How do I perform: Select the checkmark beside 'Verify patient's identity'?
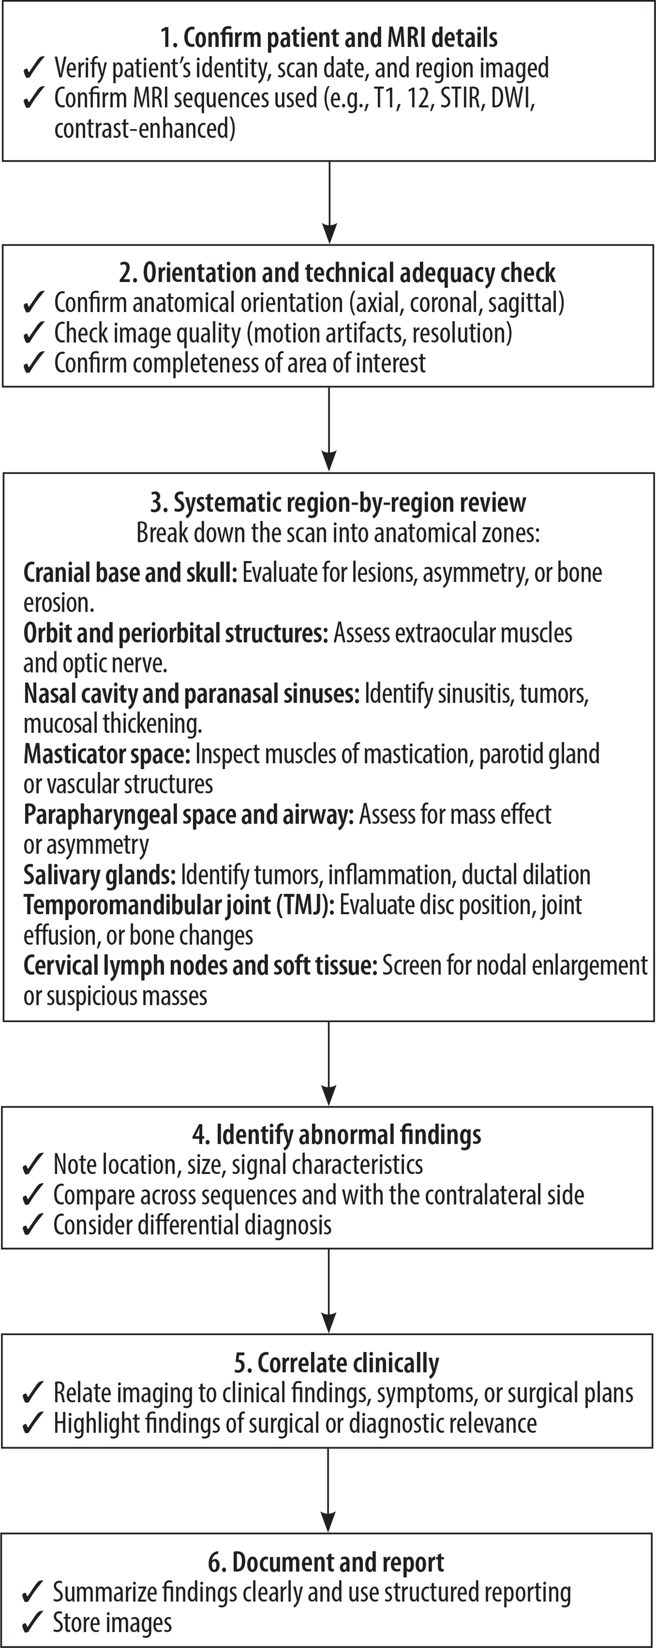(x=33, y=68)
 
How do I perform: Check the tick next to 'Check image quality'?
(x=33, y=333)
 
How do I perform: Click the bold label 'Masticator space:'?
(x=107, y=754)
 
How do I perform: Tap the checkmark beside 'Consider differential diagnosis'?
(x=33, y=1226)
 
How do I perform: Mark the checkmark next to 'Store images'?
(x=33, y=1624)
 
